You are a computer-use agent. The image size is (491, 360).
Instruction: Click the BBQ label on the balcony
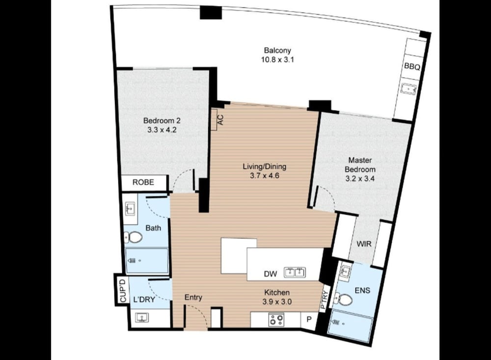pos(412,66)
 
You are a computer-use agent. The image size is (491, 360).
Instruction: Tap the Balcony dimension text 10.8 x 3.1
pos(277,59)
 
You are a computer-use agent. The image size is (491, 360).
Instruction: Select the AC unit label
pos(220,119)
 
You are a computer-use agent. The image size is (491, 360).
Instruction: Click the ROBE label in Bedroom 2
pos(143,182)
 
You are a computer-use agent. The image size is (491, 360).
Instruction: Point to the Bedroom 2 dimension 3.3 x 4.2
pos(162,130)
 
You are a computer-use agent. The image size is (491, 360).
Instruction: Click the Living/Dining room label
pos(265,166)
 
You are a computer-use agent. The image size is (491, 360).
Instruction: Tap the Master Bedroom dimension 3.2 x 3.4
pos(360,179)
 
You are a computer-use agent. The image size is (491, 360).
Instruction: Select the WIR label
pos(364,244)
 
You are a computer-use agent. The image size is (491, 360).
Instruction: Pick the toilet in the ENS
pos(344,300)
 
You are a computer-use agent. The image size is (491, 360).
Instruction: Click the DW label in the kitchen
pos(270,274)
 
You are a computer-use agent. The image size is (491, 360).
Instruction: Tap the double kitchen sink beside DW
pos(295,273)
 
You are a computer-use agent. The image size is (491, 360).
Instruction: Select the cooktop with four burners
pos(276,320)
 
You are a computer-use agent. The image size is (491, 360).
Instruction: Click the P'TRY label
pos(324,300)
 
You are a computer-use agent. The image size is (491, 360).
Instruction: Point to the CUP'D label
pos(123,290)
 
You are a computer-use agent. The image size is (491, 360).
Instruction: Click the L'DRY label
pos(144,300)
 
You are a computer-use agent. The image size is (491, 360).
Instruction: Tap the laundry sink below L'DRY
pos(142,318)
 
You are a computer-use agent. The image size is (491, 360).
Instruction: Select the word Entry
pos(193,297)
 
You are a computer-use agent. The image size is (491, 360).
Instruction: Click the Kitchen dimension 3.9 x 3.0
pos(277,302)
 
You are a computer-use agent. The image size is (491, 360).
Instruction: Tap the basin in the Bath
pos(130,208)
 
